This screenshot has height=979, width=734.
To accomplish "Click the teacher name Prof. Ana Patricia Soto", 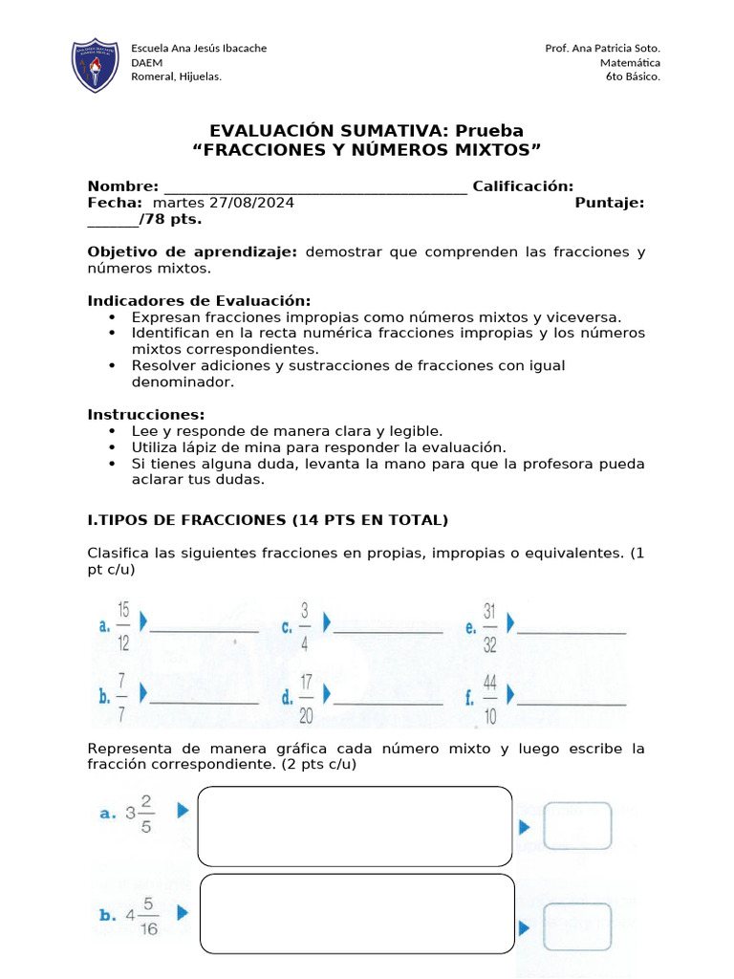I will click(602, 48).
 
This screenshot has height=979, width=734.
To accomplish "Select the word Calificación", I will click(523, 186).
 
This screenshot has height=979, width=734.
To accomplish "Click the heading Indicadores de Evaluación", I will click(199, 301).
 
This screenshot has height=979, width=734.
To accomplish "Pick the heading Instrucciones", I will click(146, 415).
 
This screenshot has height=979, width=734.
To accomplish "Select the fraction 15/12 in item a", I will click(124, 625).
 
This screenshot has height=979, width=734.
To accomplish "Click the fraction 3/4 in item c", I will click(305, 625).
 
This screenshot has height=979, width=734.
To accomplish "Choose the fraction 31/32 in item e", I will click(489, 625).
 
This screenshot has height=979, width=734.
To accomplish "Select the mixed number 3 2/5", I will click(140, 813).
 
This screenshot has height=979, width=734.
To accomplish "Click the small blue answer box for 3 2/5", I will click(577, 826).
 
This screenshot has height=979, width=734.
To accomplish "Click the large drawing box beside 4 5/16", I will click(356, 914).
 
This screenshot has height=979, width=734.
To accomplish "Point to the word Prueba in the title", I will click(488, 131).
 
